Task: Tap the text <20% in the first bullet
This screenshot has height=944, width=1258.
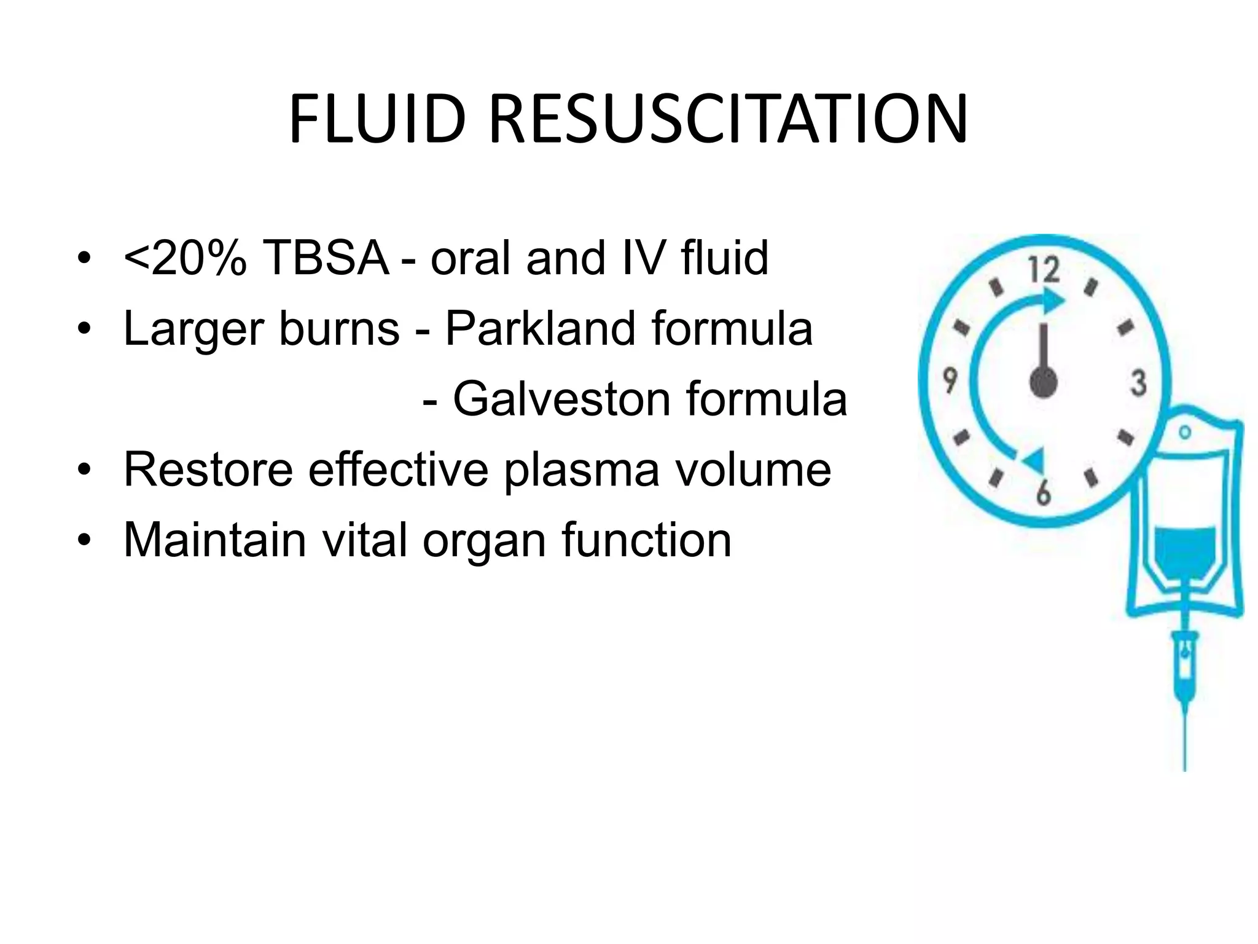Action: point(185,258)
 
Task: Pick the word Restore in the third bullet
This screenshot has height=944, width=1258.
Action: point(208,470)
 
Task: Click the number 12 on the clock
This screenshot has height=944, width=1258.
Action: point(1044,270)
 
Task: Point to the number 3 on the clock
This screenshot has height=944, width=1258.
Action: point(1138,383)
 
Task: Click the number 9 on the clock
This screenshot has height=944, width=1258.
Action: point(950,380)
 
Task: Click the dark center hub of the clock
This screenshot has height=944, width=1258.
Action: point(1043,382)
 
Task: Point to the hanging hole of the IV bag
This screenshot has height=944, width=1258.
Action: point(1185,432)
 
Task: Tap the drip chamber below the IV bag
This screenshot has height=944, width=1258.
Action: point(1185,661)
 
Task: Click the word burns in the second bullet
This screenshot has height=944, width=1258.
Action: point(339,328)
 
